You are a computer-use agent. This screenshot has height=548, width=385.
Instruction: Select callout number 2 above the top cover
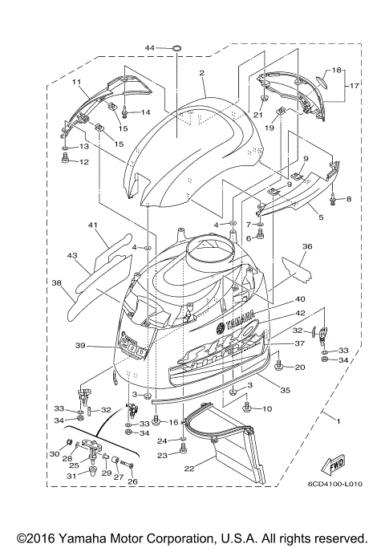point(202,73)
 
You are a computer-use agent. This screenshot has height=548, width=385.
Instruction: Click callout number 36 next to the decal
point(306,248)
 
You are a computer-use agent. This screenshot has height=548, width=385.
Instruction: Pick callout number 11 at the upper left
point(78,82)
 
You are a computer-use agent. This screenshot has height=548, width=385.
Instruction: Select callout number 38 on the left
point(57,282)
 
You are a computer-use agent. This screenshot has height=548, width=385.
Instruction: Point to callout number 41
point(93,225)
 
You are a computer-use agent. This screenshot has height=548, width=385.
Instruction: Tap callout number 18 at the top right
point(337,70)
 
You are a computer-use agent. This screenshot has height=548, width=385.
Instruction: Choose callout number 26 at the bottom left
point(132,481)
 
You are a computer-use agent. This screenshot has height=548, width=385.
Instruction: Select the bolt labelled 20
point(278,367)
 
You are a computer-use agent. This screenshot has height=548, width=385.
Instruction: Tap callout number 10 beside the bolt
point(267,408)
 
